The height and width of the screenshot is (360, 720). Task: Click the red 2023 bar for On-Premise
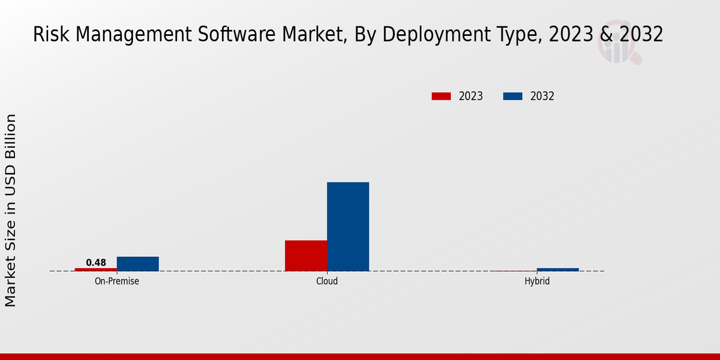click(x=96, y=269)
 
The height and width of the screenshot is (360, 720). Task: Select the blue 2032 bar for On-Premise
click(x=138, y=264)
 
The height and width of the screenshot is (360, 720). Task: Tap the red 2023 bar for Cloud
click(x=306, y=256)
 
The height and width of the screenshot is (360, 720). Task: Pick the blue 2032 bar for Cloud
click(x=348, y=227)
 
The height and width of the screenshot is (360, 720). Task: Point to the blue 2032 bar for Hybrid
click(x=558, y=269)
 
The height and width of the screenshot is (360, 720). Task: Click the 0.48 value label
click(x=96, y=263)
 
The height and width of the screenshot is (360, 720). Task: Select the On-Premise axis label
click(x=117, y=281)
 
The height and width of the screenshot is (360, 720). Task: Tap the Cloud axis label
click(x=327, y=281)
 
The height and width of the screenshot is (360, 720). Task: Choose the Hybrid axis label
click(x=537, y=281)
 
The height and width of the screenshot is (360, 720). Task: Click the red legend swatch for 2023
click(x=441, y=96)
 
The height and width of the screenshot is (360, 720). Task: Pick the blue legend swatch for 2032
click(x=512, y=96)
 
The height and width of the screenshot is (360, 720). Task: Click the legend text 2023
click(x=471, y=96)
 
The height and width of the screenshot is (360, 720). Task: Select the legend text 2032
click(x=542, y=96)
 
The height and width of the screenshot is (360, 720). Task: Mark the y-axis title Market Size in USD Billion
click(x=11, y=210)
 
